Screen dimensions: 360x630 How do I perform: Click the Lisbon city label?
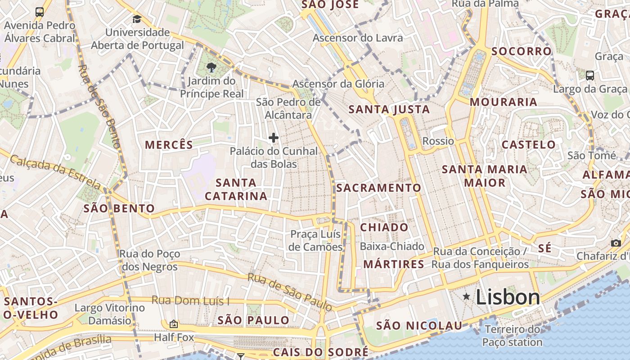(508, 297)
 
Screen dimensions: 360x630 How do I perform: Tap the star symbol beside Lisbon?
(466, 296)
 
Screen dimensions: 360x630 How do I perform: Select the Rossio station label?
(438, 141)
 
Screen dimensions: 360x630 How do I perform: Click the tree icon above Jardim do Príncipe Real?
(211, 68)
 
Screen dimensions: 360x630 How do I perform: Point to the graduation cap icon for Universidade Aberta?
(137, 19)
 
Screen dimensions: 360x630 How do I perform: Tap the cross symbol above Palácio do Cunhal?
(273, 138)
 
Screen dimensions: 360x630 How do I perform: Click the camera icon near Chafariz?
(616, 243)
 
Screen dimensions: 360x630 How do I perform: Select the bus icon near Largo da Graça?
(589, 75)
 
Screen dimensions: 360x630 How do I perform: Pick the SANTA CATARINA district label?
(236, 189)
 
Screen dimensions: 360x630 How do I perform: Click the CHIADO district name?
(384, 227)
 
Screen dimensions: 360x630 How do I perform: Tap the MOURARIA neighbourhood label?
(503, 102)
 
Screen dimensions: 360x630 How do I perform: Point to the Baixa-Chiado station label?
(392, 246)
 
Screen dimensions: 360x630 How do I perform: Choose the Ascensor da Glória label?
(338, 84)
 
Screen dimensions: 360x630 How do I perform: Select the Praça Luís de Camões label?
(315, 241)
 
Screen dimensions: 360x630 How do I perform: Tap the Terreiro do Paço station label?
(512, 336)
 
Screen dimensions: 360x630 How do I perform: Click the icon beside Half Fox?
(173, 324)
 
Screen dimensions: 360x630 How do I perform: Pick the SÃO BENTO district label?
(119, 209)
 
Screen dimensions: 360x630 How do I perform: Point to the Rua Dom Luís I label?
(190, 300)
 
